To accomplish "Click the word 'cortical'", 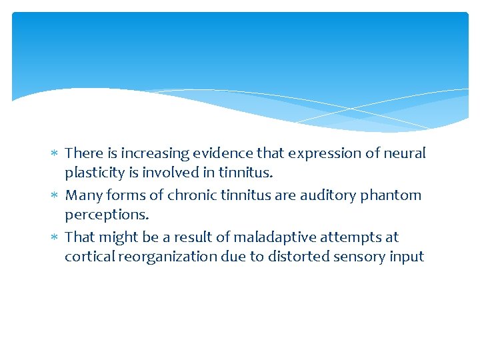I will (88, 257).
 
